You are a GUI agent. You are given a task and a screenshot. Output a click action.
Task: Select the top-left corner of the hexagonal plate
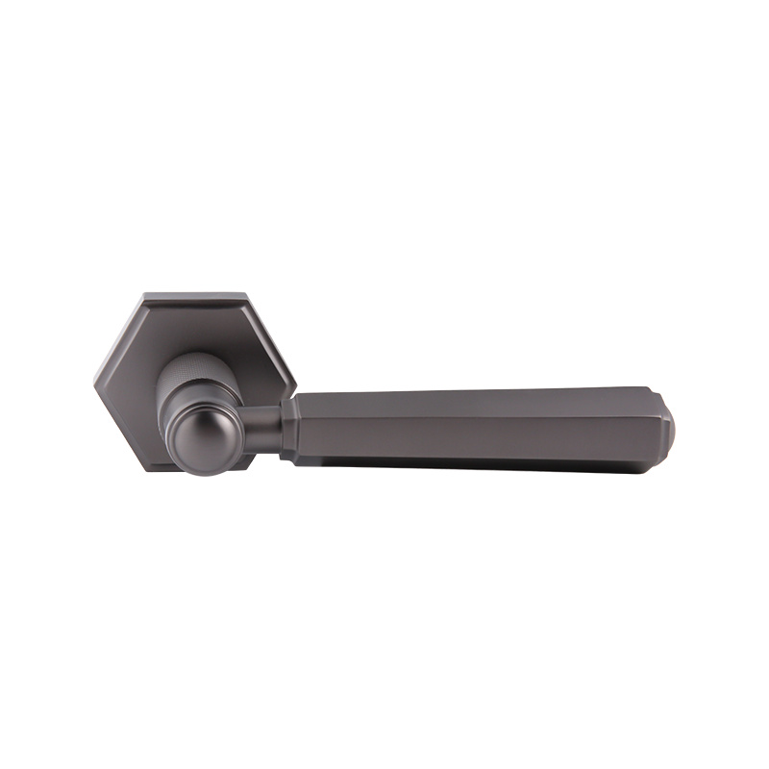[144, 294]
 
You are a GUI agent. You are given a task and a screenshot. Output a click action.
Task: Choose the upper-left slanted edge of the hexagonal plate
[118, 337]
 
